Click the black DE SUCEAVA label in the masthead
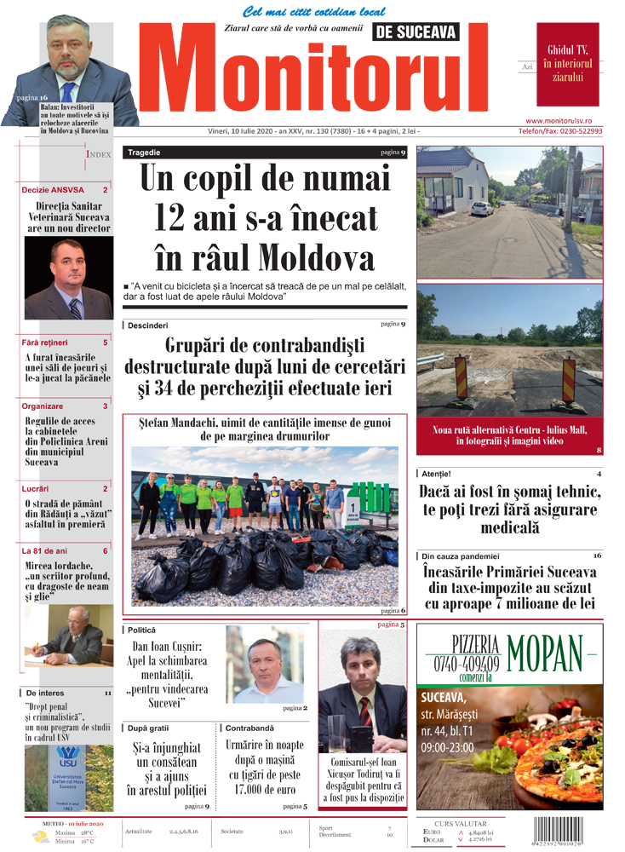tap(415, 32)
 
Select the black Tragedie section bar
tap(264, 153)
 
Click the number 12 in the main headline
tap(176, 218)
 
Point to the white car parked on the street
tap(482, 207)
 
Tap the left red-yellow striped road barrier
tap(462, 377)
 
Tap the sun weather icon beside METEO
tap(40, 836)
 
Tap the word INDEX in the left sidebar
tap(99, 154)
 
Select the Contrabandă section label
tap(249, 728)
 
